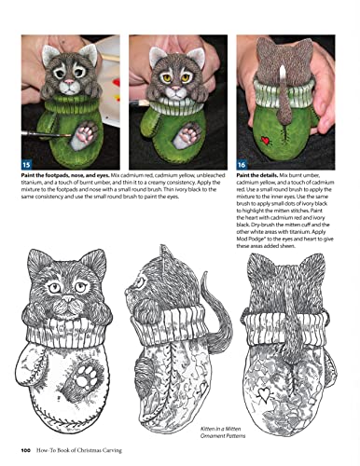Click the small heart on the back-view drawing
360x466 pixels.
pyautogui.click(x=295, y=364)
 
